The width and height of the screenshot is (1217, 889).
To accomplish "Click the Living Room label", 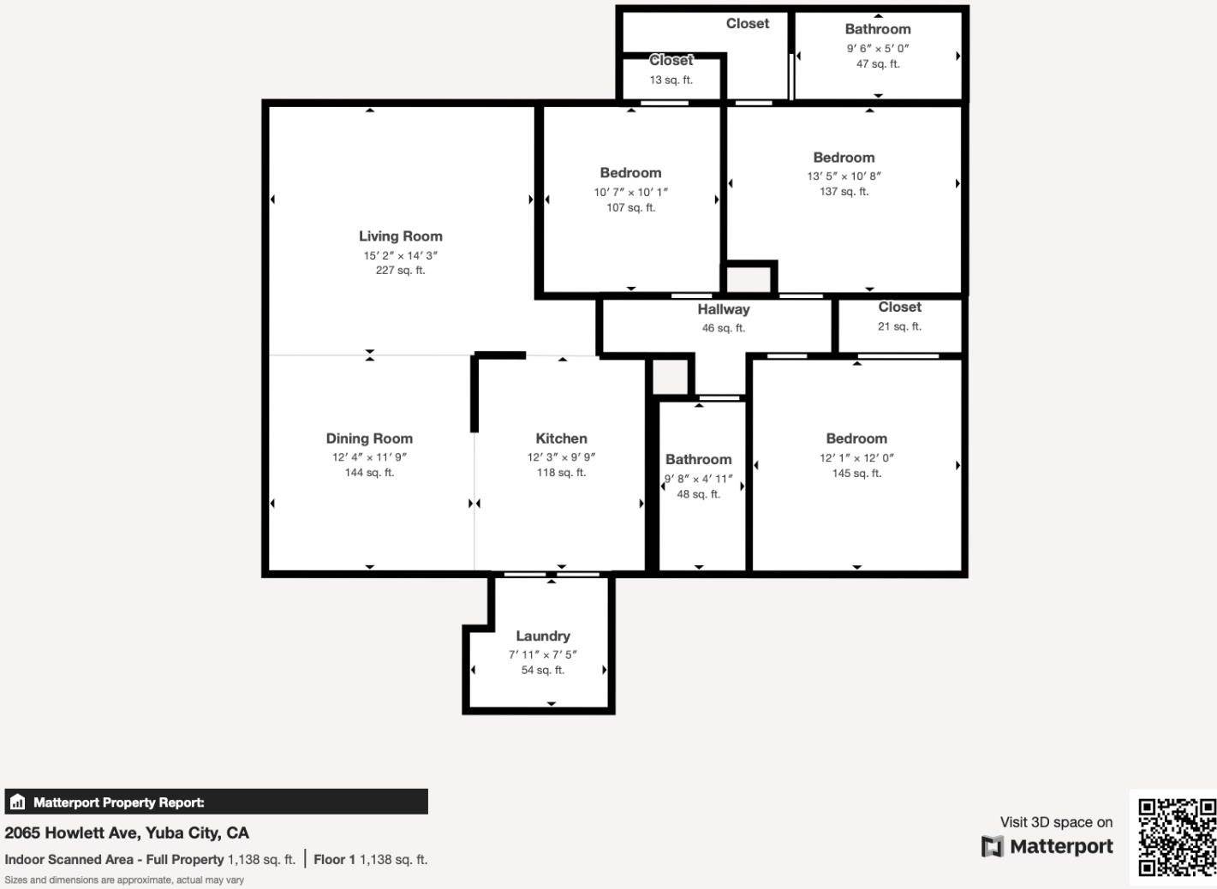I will (x=400, y=236).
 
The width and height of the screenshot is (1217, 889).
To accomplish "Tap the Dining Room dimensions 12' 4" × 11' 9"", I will (x=369, y=457).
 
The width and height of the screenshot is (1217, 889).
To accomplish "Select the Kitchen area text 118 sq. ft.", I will (x=561, y=473).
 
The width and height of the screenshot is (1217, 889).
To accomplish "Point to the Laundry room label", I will (x=543, y=636).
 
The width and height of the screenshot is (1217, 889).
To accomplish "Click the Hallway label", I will (x=723, y=310).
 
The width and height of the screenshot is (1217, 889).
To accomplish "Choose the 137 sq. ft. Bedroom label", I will (x=844, y=158).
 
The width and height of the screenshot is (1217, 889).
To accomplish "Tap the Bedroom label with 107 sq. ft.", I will (x=630, y=173).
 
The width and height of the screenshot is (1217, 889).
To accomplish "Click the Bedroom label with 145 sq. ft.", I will (x=856, y=439).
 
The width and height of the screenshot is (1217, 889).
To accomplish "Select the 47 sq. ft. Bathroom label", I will (x=878, y=29).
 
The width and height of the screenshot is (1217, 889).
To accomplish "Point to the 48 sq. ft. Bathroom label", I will (x=698, y=460).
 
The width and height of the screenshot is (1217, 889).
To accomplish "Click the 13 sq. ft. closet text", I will (x=671, y=80).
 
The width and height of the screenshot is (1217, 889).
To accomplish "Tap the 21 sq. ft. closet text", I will (x=899, y=326).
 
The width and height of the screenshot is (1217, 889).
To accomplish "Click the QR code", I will (x=1177, y=837).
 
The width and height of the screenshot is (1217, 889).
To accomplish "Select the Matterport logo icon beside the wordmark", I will (x=992, y=847).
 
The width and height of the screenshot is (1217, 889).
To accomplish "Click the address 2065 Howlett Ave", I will (x=127, y=832).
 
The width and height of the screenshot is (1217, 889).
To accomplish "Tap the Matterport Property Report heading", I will (x=118, y=802).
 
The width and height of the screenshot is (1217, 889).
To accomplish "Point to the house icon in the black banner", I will (x=17, y=802).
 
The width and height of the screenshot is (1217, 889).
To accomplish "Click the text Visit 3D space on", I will (x=1056, y=822).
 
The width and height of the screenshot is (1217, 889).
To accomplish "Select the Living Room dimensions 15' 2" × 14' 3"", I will (x=400, y=255).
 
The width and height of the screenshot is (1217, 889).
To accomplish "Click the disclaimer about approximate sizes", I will (x=124, y=880).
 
